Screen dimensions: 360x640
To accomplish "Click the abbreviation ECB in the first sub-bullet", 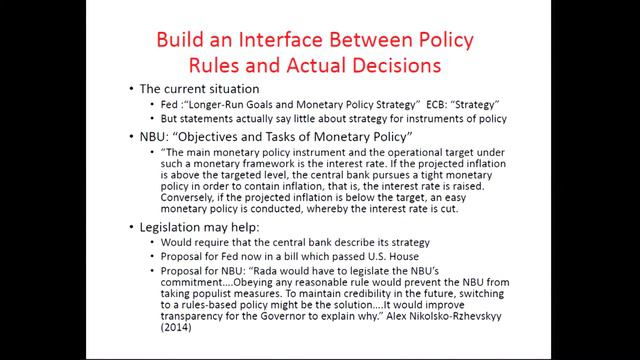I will tap(410, 106).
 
